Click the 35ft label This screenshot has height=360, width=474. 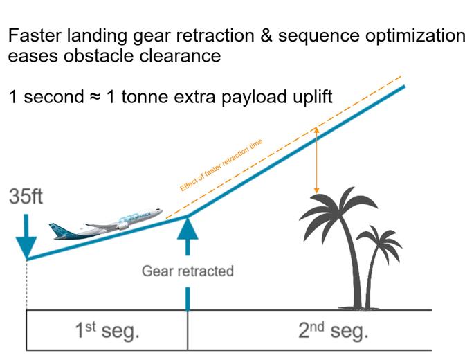(x=27, y=197)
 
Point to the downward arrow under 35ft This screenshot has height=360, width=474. (x=27, y=235)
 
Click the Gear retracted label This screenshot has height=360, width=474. (x=187, y=271)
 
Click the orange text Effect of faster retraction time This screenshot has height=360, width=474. (x=221, y=165)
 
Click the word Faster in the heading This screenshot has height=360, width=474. (x=35, y=36)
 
